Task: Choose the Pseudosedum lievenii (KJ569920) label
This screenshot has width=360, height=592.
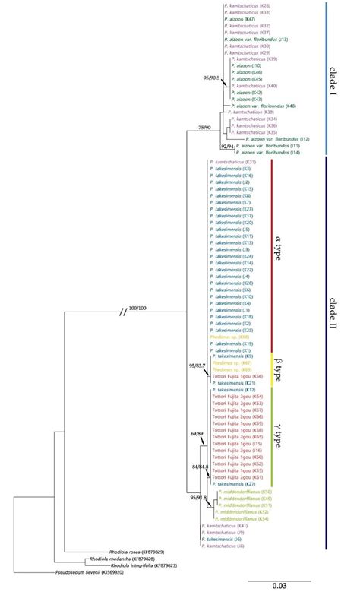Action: pos(90,572)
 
